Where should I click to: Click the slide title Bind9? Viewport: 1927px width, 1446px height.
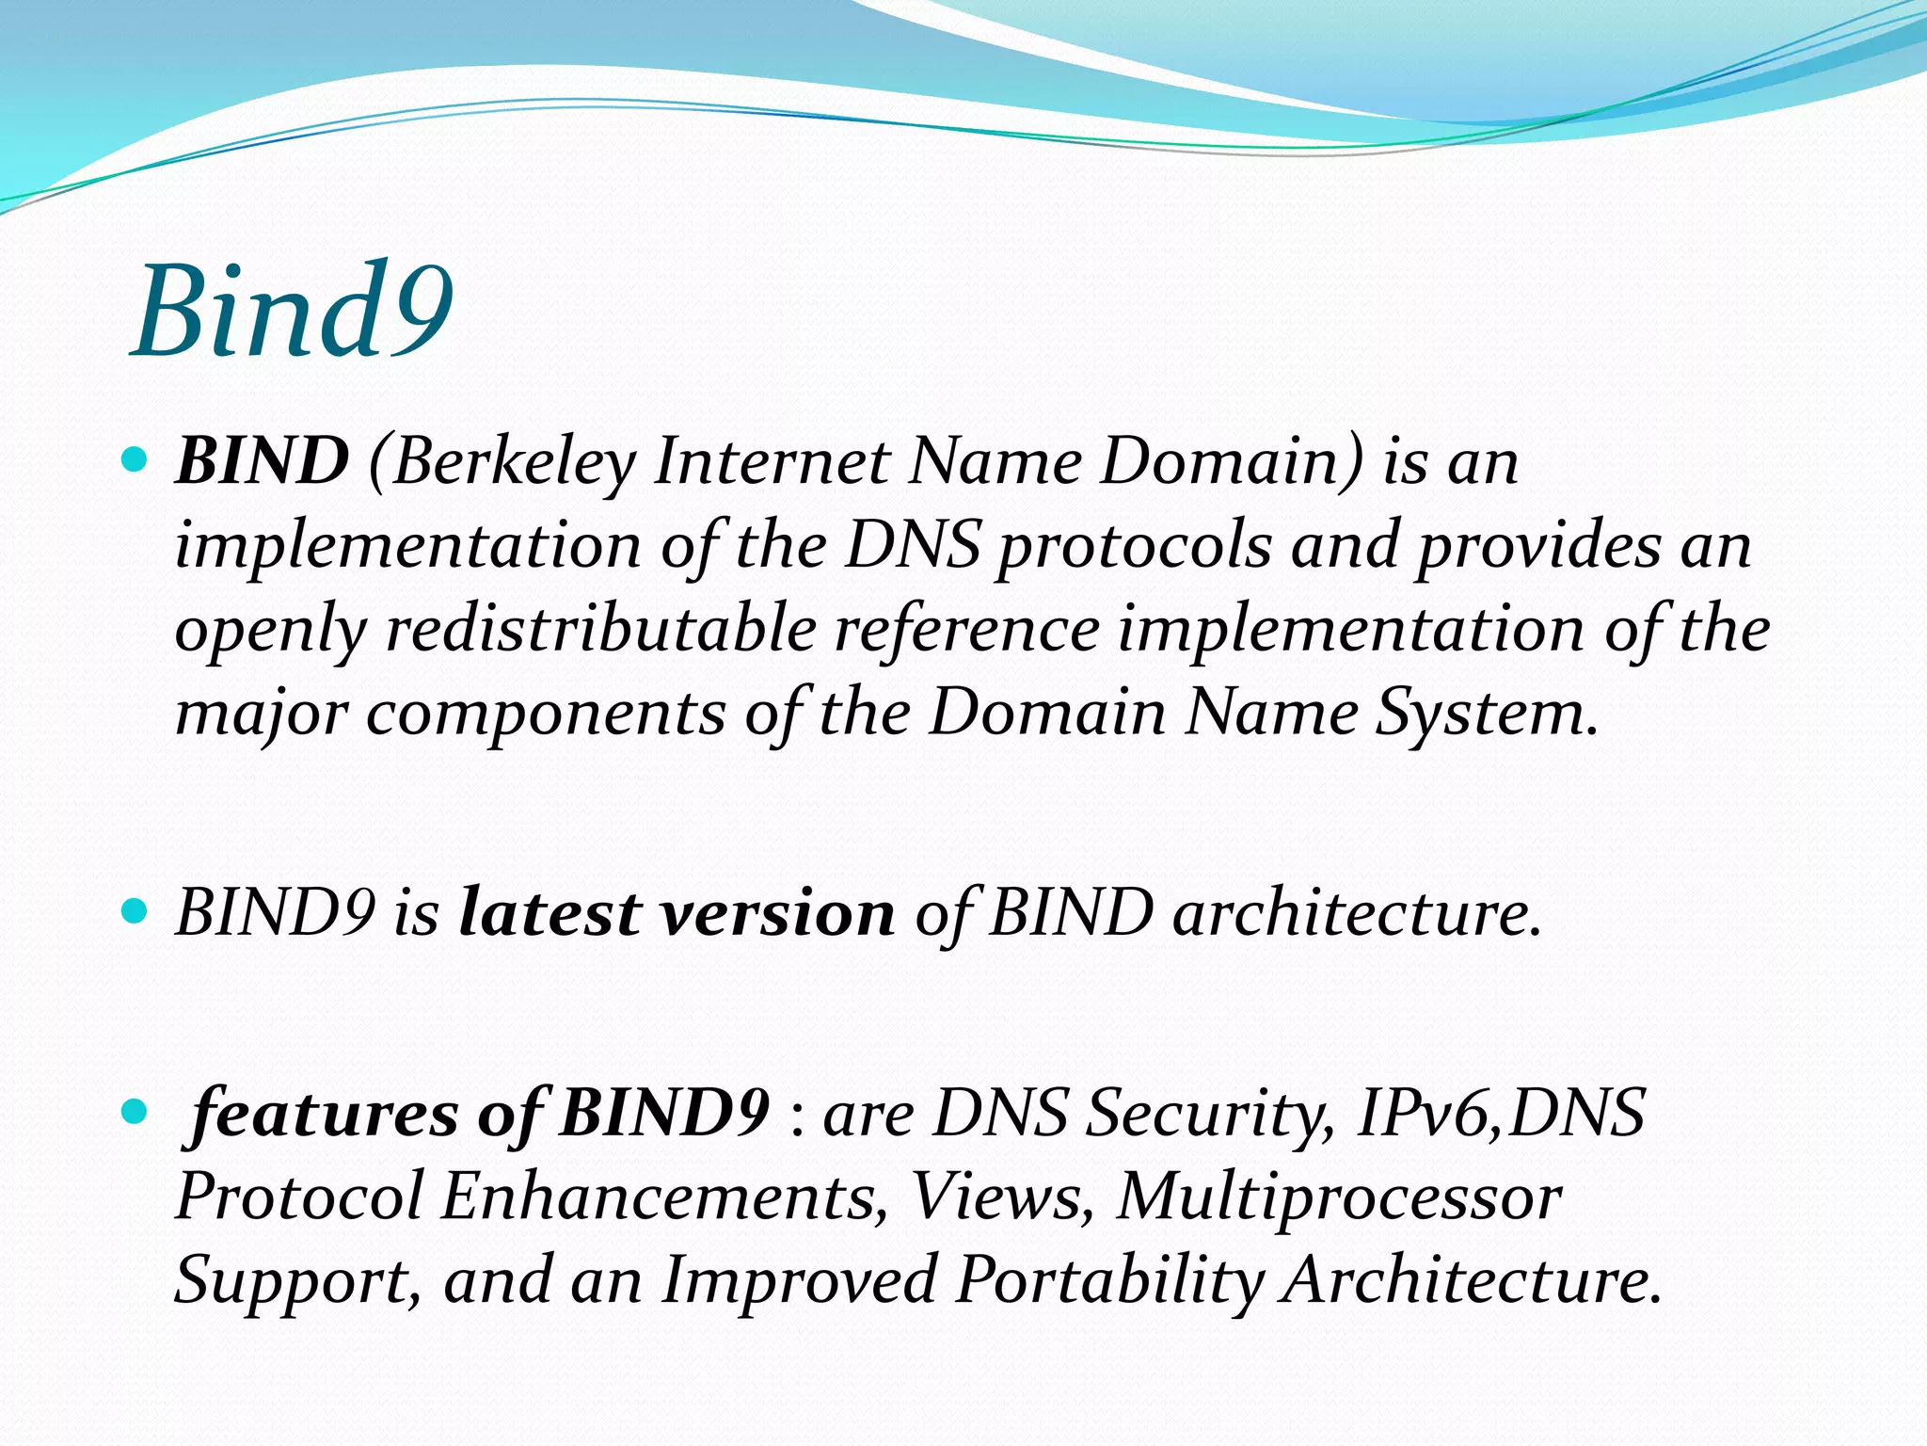(x=293, y=311)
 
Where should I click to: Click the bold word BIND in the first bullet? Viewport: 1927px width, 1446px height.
(x=262, y=461)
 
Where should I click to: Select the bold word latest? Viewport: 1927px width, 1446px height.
(x=549, y=913)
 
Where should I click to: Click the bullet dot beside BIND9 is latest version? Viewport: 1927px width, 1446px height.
(x=135, y=911)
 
